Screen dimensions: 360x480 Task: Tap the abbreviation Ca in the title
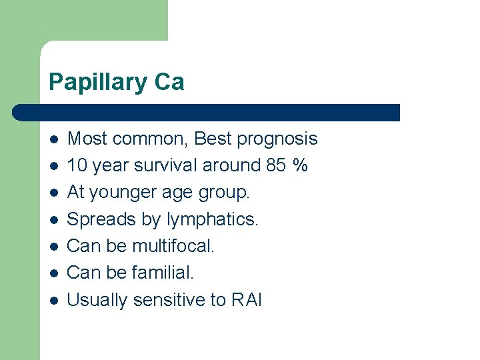coord(169,83)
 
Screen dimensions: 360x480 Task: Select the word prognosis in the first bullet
coord(277,139)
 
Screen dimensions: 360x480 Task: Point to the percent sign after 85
coord(300,165)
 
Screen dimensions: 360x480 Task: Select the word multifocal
coord(173,246)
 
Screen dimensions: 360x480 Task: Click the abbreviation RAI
coord(247,300)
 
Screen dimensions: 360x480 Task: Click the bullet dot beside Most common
coord(54,139)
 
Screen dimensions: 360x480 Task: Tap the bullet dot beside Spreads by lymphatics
coord(54,219)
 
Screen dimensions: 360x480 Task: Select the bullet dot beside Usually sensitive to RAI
coord(54,300)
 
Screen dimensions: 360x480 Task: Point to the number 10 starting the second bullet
coord(77,165)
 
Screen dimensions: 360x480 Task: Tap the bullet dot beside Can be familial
coord(54,273)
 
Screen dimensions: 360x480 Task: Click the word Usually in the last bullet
coord(98,300)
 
